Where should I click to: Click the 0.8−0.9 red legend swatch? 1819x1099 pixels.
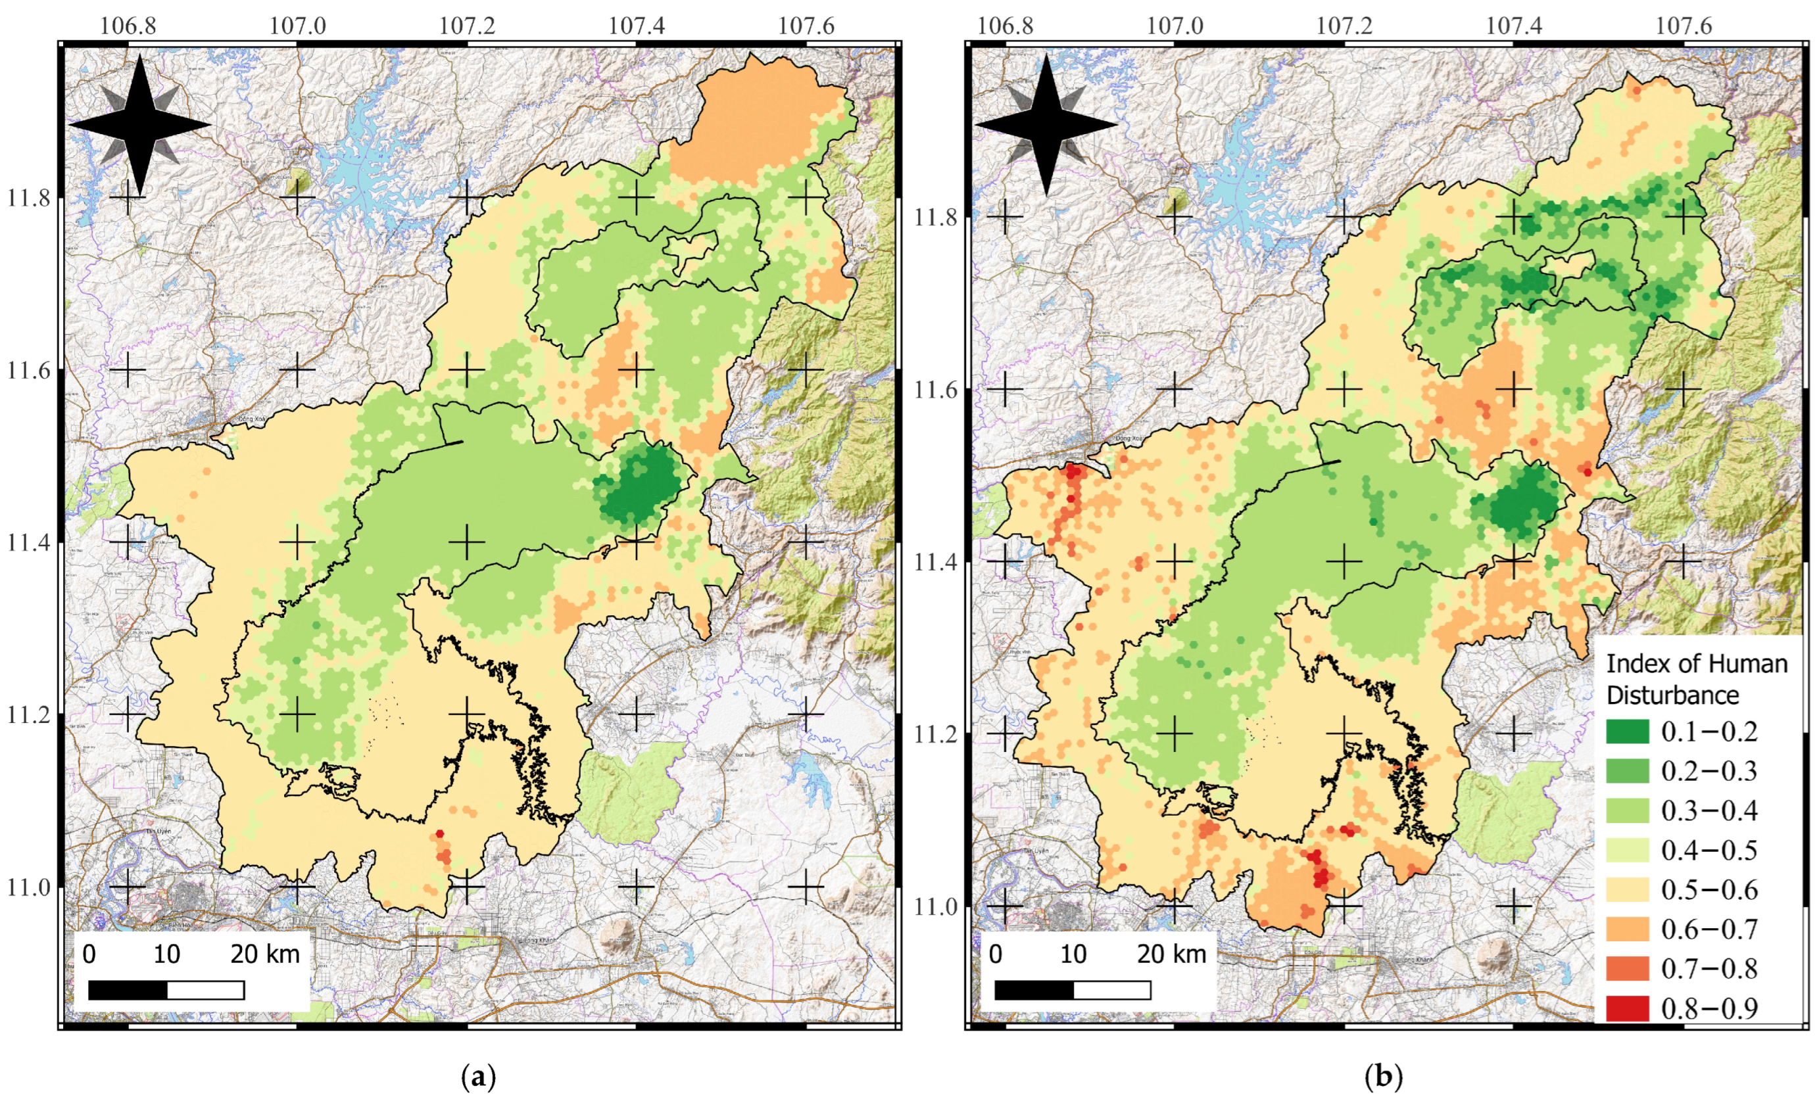point(1626,1008)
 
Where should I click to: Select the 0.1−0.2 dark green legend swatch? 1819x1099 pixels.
point(1626,732)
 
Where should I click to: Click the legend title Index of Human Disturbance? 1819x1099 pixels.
point(1696,679)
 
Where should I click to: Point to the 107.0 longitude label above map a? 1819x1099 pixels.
point(297,26)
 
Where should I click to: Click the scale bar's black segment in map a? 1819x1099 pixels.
point(128,991)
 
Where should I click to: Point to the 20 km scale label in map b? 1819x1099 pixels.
point(1171,954)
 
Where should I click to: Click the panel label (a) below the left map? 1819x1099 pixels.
point(478,1077)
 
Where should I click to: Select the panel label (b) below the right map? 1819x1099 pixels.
point(1383,1077)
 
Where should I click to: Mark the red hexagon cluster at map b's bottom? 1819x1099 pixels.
point(1318,871)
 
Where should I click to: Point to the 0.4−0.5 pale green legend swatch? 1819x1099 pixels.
point(1626,851)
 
